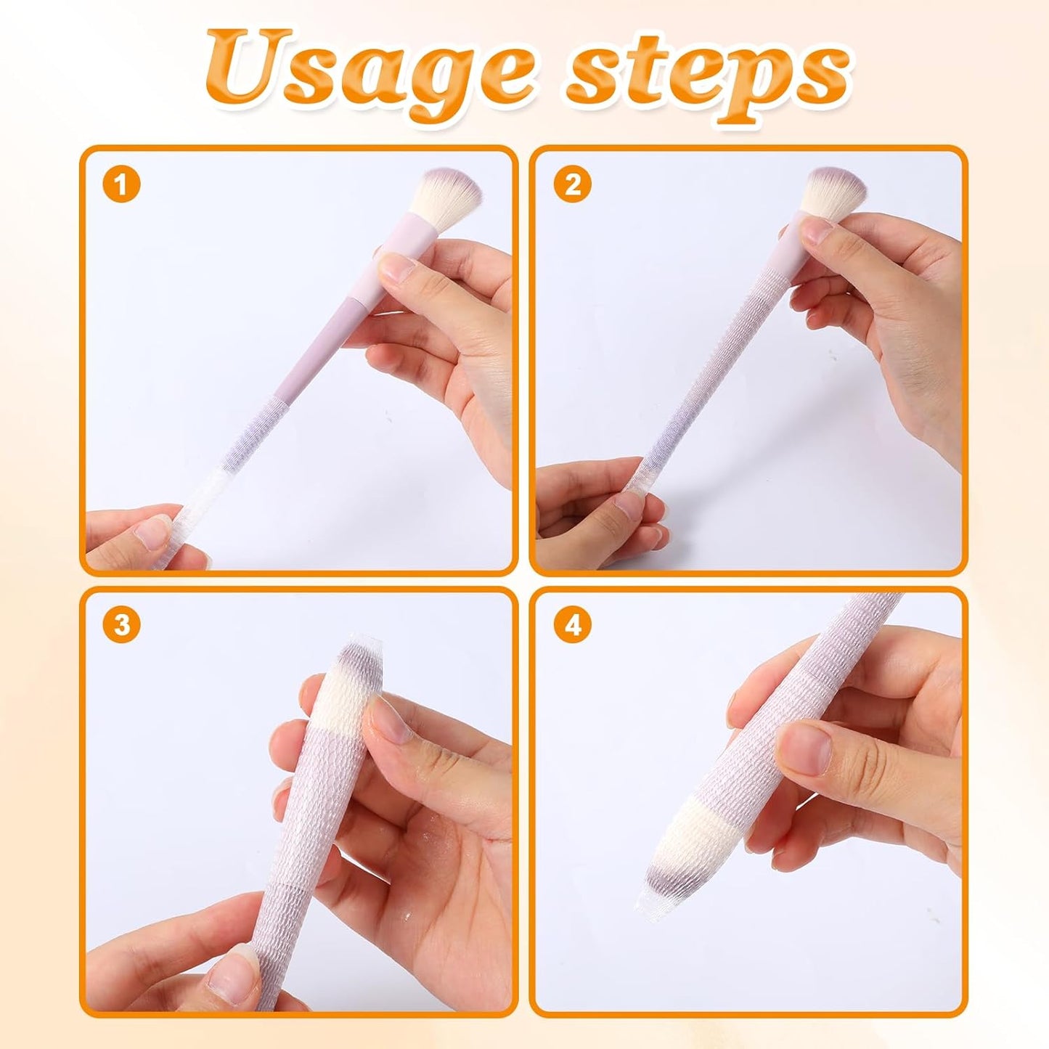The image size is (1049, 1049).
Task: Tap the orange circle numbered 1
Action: click(121, 184)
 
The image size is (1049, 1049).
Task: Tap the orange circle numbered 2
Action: click(572, 184)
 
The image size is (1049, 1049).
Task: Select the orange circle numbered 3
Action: click(121, 624)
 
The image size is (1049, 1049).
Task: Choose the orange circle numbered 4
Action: click(572, 624)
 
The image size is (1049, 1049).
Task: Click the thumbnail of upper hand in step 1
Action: click(399, 269)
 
